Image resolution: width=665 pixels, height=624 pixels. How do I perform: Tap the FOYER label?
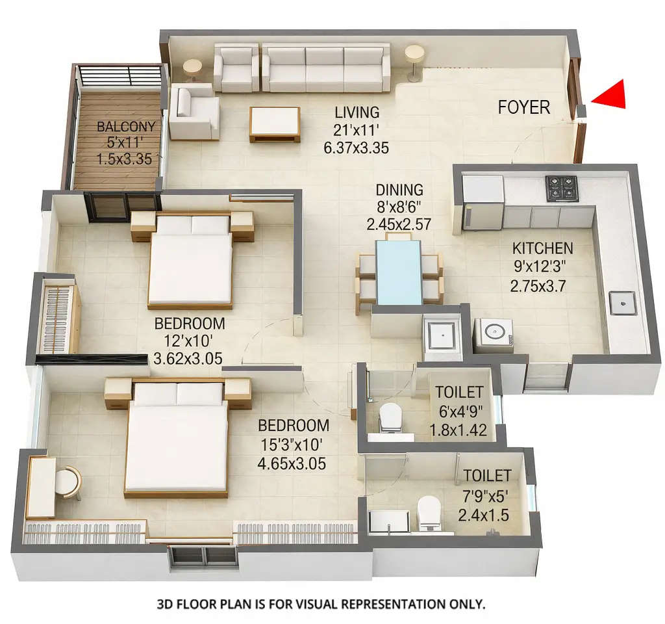523,107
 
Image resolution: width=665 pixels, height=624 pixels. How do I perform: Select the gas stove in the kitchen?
561,188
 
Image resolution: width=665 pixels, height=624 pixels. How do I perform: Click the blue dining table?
399,272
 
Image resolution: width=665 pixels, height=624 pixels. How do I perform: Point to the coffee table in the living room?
275,123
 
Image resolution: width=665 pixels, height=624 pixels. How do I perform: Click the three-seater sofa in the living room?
325,68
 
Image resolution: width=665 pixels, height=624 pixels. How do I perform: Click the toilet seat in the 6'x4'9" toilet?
391,417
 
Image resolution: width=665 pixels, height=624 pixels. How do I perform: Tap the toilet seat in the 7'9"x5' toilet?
429,512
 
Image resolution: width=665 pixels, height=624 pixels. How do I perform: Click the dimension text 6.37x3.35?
356,148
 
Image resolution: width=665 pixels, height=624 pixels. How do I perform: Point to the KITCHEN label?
542,248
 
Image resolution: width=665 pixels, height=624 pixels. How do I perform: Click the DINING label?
399,190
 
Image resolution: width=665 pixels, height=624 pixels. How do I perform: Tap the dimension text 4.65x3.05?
292,464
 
